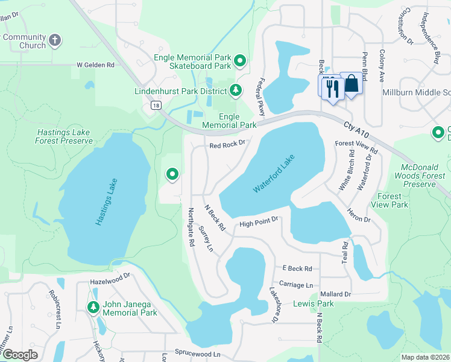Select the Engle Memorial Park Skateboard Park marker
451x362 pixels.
(240, 60)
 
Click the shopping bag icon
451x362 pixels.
(352, 84)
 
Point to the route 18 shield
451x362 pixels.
(156, 105)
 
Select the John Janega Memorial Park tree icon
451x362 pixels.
(93, 308)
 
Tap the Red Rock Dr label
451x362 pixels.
(227, 145)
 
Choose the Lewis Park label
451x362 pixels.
(313, 303)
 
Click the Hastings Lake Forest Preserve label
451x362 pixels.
(65, 136)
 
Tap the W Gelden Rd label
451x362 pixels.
(95, 65)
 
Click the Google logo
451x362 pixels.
(20, 355)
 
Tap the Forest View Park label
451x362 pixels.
(392, 200)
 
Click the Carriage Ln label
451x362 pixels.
(296, 284)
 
